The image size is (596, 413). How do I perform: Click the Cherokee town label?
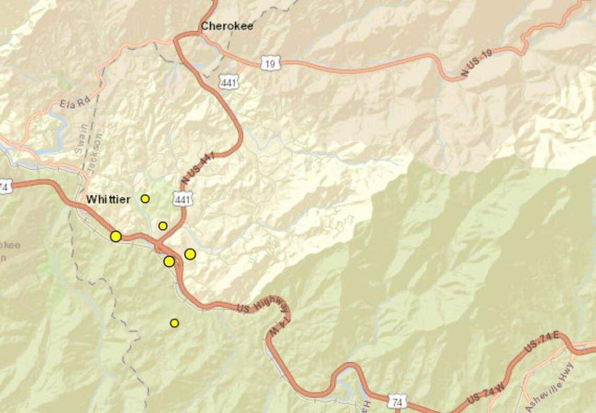[227, 26]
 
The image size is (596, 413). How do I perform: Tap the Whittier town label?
[108, 199]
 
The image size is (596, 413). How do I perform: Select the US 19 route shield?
[270, 63]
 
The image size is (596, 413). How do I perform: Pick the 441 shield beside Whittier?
[184, 198]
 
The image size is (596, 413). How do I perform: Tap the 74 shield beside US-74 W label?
[398, 401]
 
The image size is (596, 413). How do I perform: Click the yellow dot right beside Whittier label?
[145, 198]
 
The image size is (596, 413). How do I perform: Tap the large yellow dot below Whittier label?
[116, 237]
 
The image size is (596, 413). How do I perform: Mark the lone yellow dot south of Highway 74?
[175, 323]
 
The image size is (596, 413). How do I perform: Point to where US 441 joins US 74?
[158, 243]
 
